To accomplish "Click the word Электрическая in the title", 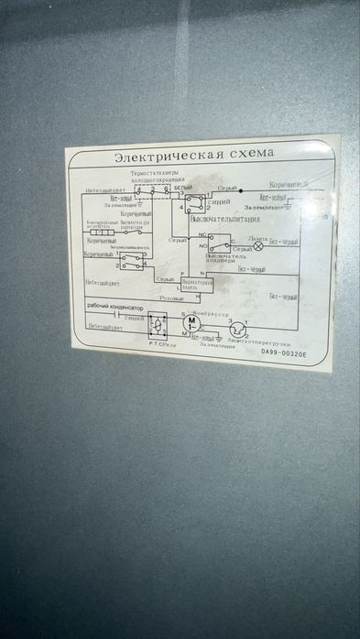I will coord(161,157).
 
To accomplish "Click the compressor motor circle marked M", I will coord(192,325).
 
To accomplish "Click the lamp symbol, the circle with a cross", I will coord(258,245).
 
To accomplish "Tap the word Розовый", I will coord(171,298).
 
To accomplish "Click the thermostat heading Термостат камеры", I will coord(156,172).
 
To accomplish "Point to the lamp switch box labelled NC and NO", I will coord(218,243).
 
